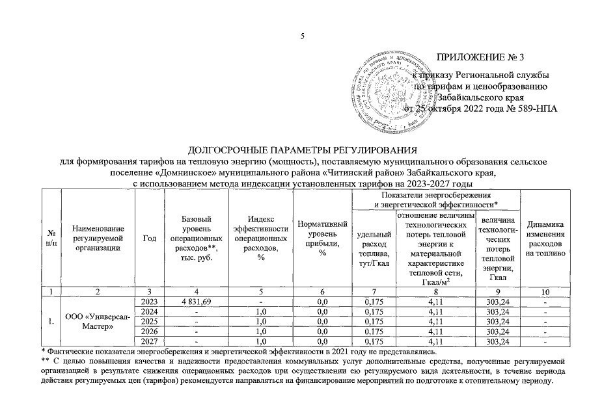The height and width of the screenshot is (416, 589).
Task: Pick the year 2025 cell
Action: pyautogui.click(x=150, y=322)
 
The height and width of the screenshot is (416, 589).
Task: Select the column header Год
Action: pyautogui.click(x=150, y=238)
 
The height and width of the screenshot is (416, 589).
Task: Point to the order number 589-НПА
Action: pyautogui.click(x=536, y=108)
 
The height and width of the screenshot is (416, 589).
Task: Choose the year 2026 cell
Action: pyautogui.click(x=150, y=331)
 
